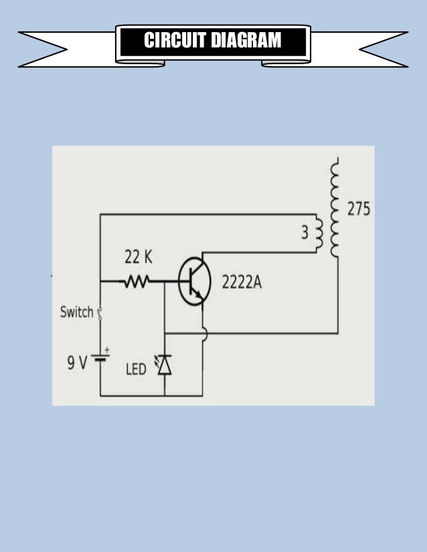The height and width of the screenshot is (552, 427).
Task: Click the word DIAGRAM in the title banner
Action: point(246,41)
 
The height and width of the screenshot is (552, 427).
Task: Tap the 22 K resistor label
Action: point(139,257)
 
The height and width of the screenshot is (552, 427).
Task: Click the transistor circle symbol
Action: point(195,281)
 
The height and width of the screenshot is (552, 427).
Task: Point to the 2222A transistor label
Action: point(241,283)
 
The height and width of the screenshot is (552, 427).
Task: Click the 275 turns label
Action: point(359,209)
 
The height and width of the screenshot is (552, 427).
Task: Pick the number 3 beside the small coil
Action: point(305,233)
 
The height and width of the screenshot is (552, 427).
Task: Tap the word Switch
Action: point(76,312)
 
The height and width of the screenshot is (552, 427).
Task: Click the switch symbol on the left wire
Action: point(100,312)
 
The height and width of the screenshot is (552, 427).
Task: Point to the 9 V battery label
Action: point(76,363)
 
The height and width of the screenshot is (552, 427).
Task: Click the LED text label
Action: point(136,369)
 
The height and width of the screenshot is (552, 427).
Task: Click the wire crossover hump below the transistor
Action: point(203,333)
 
